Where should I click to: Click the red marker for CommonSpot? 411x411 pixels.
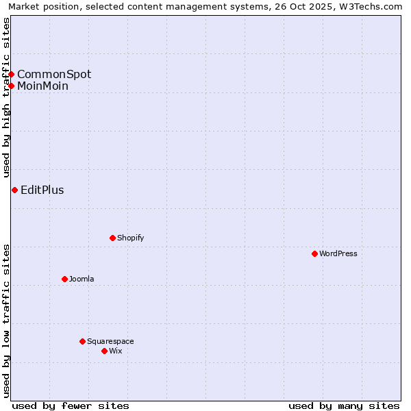pyautogui.click(x=12, y=74)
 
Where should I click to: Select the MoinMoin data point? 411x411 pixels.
pyautogui.click(x=12, y=86)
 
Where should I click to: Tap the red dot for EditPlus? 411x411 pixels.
pyautogui.click(x=14, y=190)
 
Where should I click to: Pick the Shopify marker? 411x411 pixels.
pyautogui.click(x=112, y=238)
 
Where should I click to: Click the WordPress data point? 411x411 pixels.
pyautogui.click(x=314, y=253)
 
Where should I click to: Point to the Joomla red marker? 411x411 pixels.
pyautogui.click(x=64, y=279)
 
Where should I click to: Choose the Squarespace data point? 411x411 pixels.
pyautogui.click(x=82, y=341)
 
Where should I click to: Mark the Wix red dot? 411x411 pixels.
pyautogui.click(x=104, y=351)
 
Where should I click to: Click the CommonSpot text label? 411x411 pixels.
pyautogui.click(x=54, y=74)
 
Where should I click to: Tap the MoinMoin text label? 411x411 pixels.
pyautogui.click(x=42, y=86)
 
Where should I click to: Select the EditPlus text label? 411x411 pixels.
pyautogui.click(x=42, y=190)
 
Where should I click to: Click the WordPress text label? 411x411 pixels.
pyautogui.click(x=338, y=253)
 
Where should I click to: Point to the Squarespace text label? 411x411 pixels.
pyautogui.click(x=110, y=341)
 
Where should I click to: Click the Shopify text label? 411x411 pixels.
pyautogui.click(x=131, y=238)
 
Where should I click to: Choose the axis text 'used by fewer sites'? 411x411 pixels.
pyautogui.click(x=71, y=406)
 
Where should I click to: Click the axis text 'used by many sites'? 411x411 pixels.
pyautogui.click(x=344, y=406)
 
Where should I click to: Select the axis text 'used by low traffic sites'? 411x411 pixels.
pyautogui.click(x=6, y=321)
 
